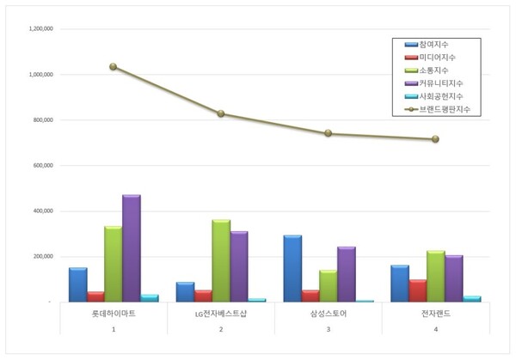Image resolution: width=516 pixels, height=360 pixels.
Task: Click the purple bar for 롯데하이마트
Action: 131,248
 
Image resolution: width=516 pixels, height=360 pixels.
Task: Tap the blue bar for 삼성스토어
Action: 292,268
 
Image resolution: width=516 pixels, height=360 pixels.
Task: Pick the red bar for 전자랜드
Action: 417,290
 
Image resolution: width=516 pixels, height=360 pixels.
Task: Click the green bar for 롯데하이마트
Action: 113,264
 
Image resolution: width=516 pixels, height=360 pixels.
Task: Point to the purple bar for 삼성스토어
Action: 346,274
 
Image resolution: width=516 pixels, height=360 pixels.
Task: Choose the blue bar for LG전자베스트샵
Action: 185,291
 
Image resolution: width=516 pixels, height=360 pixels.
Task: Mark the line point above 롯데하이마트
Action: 114,66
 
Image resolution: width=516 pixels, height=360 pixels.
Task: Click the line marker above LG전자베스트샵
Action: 221,113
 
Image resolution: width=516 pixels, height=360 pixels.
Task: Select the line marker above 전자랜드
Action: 435,139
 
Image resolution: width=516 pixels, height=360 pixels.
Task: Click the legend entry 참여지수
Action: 435,44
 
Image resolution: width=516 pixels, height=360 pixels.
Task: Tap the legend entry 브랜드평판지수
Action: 445,110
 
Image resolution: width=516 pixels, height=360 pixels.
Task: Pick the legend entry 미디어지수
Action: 435,57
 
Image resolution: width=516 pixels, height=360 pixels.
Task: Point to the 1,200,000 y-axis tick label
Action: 36,29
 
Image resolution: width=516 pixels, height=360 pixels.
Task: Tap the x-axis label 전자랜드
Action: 435,314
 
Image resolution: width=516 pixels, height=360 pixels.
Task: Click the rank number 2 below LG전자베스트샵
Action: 220,329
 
